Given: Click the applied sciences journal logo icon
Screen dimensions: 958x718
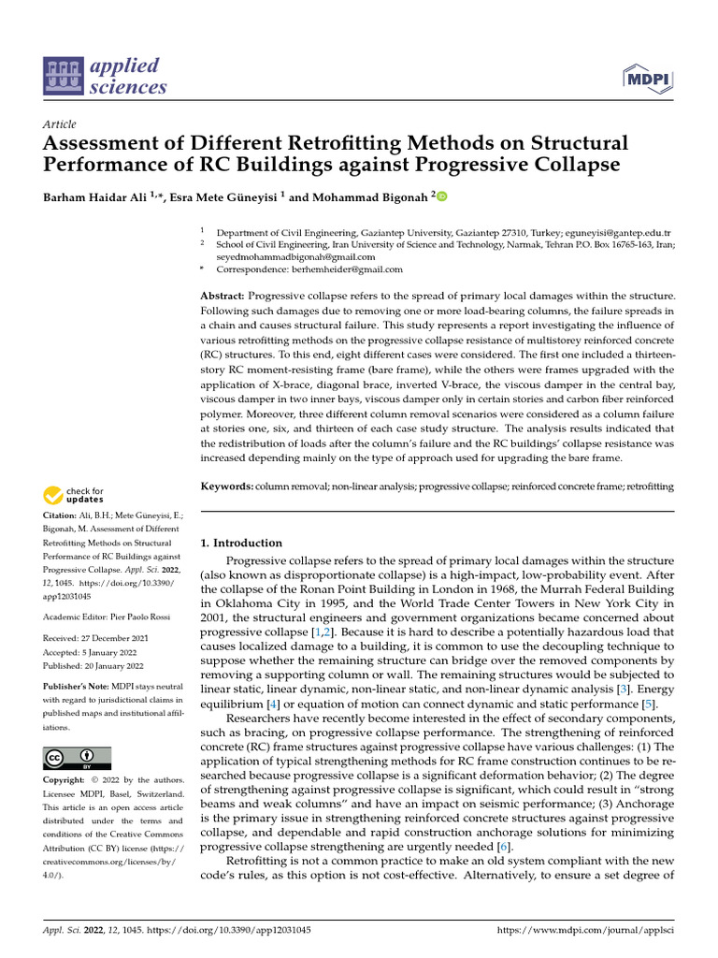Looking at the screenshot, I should click(x=64, y=76).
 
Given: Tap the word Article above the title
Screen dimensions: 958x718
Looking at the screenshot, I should click(x=60, y=124).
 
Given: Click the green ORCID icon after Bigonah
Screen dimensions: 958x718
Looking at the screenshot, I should click(x=442, y=196).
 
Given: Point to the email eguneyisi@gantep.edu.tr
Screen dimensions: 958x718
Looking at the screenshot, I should click(x=622, y=232).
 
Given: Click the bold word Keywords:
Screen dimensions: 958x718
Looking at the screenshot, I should click(x=227, y=486).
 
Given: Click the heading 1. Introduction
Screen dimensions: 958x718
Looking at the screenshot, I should click(x=241, y=543).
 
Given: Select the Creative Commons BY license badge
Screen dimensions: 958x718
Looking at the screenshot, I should click(x=78, y=758).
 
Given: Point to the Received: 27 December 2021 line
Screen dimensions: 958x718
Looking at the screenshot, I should click(x=96, y=638).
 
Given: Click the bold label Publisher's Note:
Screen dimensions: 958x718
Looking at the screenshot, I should click(x=75, y=687).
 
